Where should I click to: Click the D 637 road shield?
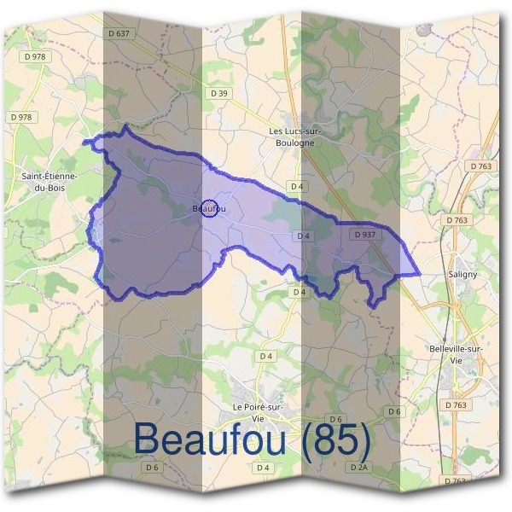coord(120,33)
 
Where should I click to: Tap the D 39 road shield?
coord(219,93)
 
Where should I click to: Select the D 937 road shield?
coord(364,233)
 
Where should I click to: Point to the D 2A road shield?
coord(358,467)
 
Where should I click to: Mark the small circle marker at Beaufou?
coord(209,207)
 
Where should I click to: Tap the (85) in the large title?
coord(330,439)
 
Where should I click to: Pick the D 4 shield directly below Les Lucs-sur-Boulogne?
coord(297,185)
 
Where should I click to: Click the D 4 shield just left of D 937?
coord(303,236)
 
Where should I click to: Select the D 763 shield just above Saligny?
coord(457,220)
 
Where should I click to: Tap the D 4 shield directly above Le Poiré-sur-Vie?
coord(266,356)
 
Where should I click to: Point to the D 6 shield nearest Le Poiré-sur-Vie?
coord(335,419)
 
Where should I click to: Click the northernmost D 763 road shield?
coord(480,166)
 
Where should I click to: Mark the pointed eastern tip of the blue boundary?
coord(420,275)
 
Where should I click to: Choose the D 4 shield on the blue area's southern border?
coord(298,292)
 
